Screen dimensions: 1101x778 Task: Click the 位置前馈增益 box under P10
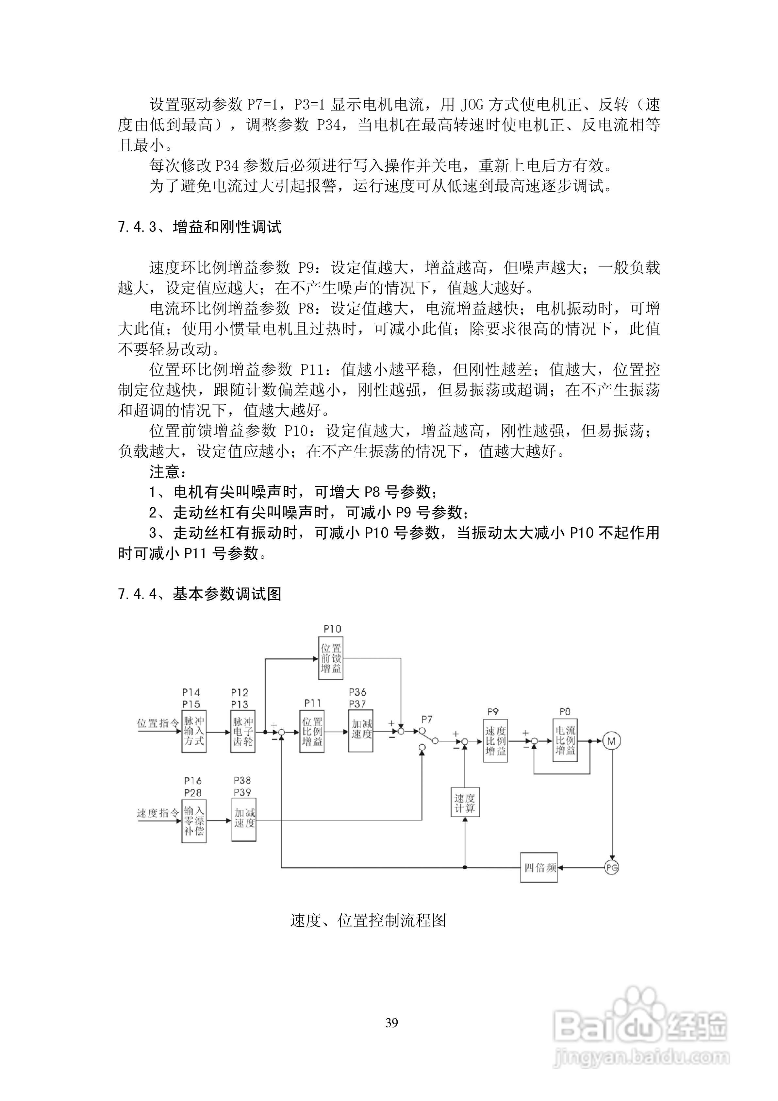(331, 658)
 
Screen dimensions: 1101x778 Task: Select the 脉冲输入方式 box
(194, 731)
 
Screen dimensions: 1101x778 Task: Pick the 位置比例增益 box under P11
(312, 731)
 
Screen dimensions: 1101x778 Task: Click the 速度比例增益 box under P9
(495, 740)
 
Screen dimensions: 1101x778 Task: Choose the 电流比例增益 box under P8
(565, 740)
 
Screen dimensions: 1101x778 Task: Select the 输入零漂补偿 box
(194, 821)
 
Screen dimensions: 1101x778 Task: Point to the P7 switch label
(427, 719)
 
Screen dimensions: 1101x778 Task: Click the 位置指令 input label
(158, 723)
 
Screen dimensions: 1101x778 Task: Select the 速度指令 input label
(158, 813)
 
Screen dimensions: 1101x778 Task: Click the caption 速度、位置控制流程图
(368, 920)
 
